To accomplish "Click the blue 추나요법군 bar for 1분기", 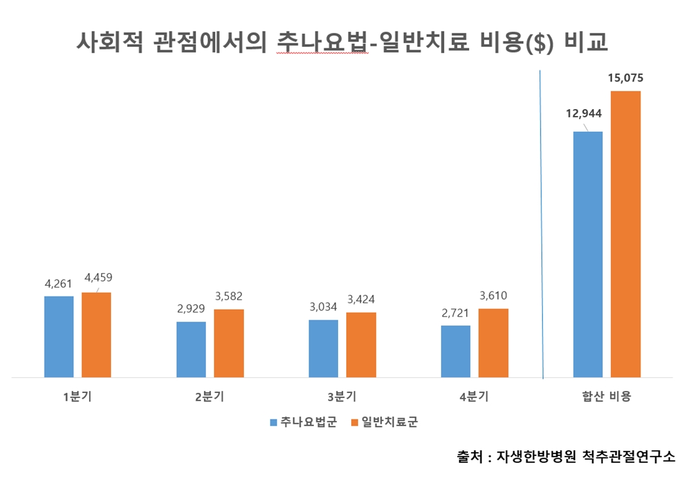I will coord(58,337).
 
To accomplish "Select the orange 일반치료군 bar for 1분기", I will coord(96,335).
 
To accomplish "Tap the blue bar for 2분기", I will coord(191,349).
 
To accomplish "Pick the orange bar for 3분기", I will coord(361,345).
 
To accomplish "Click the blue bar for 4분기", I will coord(455,351).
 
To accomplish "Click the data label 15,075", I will coord(625,79).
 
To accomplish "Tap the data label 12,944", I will coord(583,113).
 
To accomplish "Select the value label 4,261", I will coord(59,284).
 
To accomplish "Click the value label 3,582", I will coord(228,297).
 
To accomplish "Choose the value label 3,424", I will coord(361,299).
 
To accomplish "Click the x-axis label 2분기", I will coord(210,396).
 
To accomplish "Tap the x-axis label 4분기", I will coord(474,396).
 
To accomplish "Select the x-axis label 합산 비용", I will coord(606,396).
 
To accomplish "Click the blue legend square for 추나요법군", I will coord(273,423).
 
